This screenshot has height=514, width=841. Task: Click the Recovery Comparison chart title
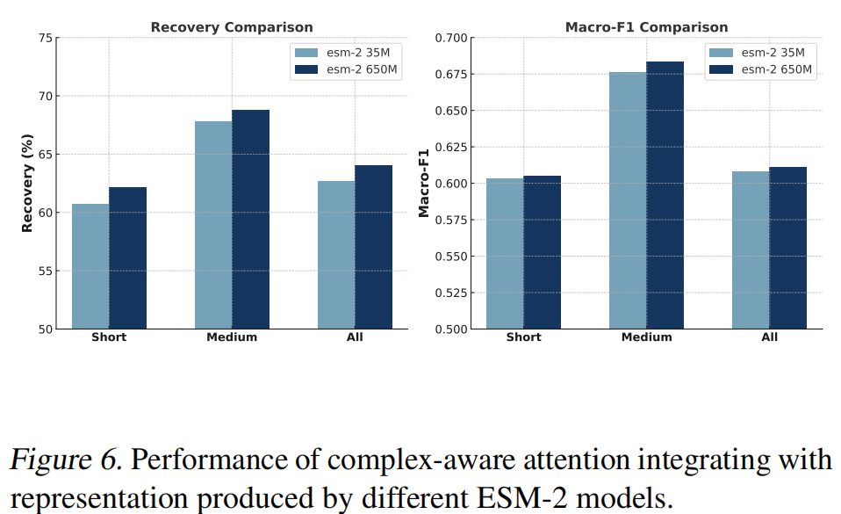pyautogui.click(x=232, y=27)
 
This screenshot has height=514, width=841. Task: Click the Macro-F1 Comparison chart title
pyautogui.click(x=646, y=27)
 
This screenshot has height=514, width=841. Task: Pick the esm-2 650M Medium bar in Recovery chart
pyautogui.click(x=250, y=220)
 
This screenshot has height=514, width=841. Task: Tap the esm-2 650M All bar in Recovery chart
pyautogui.click(x=373, y=247)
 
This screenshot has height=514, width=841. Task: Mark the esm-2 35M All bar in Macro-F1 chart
pyautogui.click(x=751, y=250)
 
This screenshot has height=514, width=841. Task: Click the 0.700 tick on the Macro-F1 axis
pyautogui.click(x=453, y=38)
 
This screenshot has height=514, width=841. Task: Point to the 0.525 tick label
pyautogui.click(x=453, y=293)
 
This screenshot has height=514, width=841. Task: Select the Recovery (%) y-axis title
pyautogui.click(x=27, y=184)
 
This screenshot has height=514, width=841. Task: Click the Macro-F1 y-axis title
pyautogui.click(x=424, y=184)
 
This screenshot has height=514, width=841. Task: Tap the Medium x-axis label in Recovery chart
pyautogui.click(x=232, y=337)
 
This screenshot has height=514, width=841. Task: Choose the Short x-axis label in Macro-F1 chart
pyautogui.click(x=523, y=337)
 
